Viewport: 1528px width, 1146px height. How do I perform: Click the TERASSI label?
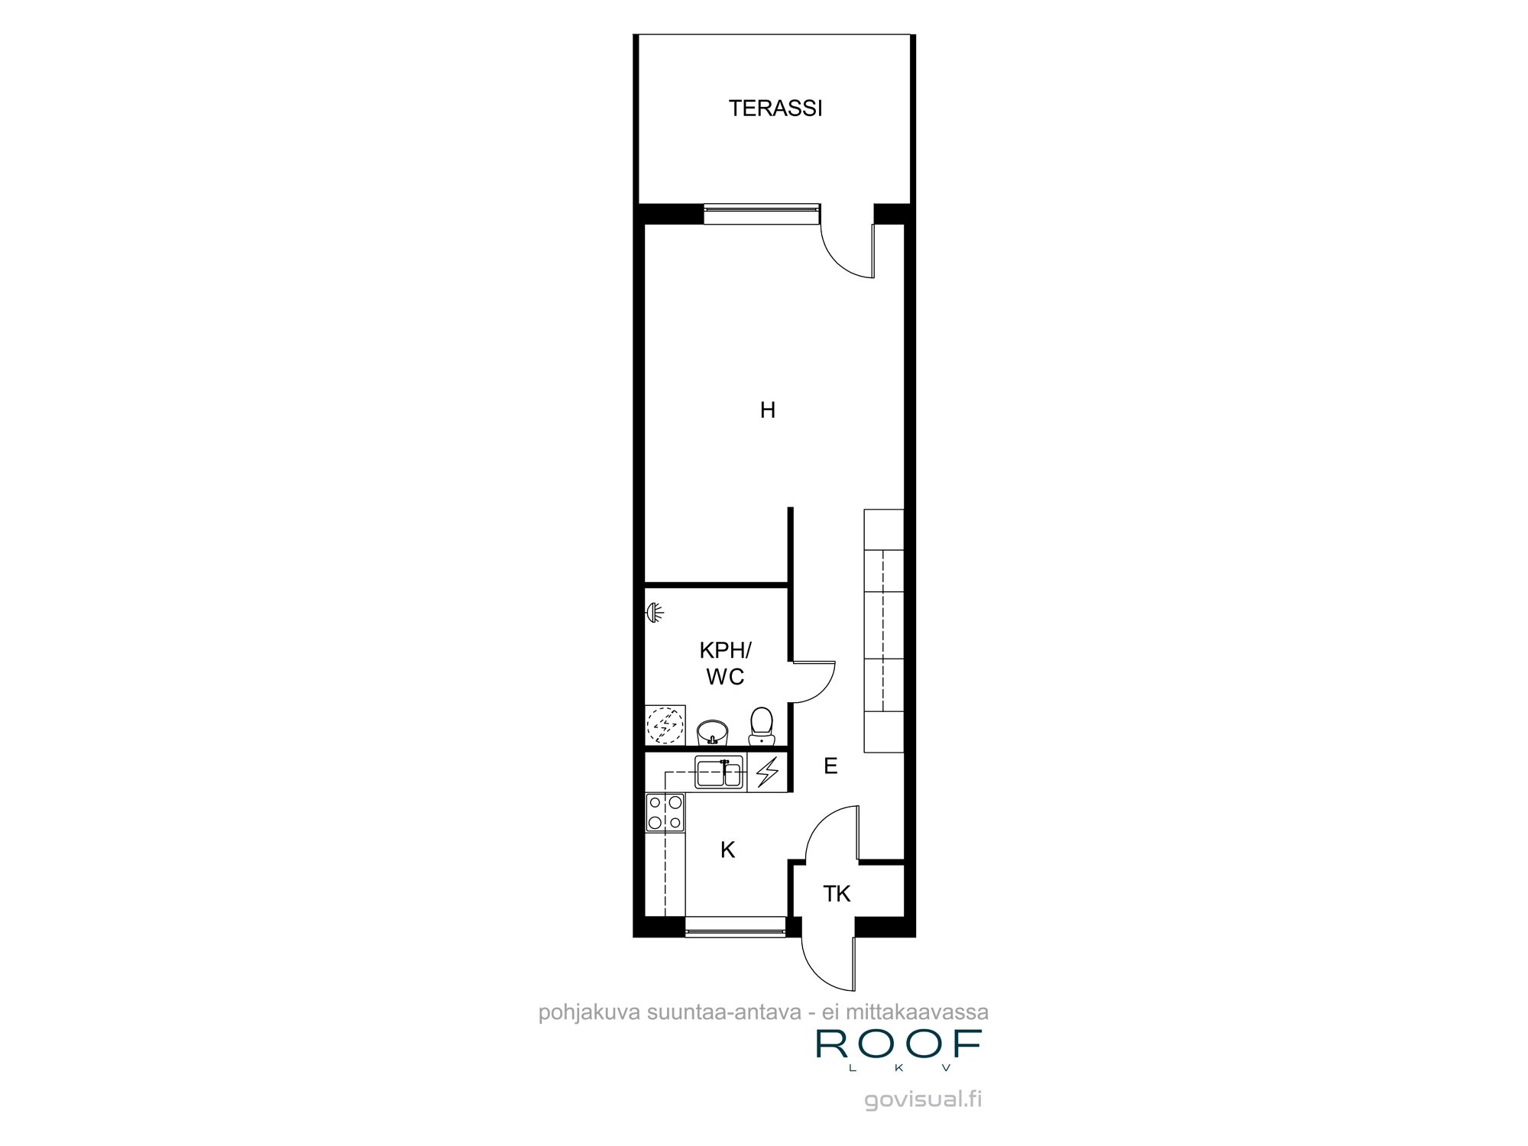point(775,108)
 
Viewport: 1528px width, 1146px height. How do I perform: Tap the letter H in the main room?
point(768,410)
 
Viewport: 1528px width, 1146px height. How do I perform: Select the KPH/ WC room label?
point(725,663)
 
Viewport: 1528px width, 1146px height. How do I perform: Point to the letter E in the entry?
point(830,766)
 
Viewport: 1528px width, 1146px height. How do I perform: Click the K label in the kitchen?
point(727,850)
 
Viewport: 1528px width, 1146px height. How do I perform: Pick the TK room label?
point(837,893)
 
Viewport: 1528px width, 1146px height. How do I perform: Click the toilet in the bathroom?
point(761,725)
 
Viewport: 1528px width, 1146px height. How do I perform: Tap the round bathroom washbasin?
point(713,732)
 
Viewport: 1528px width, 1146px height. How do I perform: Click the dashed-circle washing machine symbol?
point(665,724)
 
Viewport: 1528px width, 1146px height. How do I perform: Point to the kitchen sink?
point(719,772)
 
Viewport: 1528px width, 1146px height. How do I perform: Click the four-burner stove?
point(665,812)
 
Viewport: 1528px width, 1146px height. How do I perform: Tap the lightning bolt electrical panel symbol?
point(767,772)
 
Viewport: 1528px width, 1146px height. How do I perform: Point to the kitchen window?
point(735,926)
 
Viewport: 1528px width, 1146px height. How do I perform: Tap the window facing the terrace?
point(761,214)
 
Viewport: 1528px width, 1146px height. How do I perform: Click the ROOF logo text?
point(898,1044)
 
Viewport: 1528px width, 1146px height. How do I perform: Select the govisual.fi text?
point(923,1099)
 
